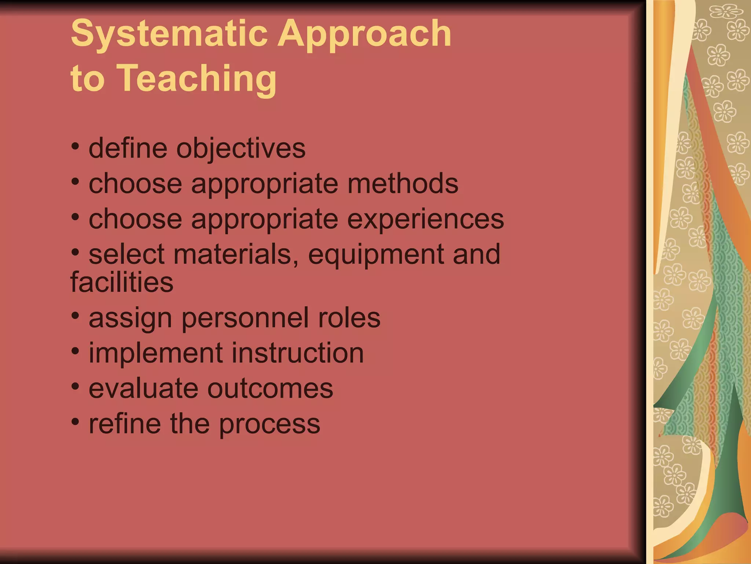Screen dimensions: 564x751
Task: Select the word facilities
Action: coord(122,282)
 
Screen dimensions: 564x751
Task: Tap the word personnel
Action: coord(245,318)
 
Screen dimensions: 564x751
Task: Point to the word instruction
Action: coord(297,353)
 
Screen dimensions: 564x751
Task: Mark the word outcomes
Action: coord(270,388)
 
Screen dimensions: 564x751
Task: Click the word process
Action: coord(270,424)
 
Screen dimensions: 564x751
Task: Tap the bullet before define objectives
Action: coord(75,147)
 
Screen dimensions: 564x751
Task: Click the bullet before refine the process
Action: coord(75,422)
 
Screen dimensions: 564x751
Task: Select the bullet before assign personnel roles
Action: coord(75,315)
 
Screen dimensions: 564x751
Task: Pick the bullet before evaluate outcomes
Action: coord(75,386)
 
